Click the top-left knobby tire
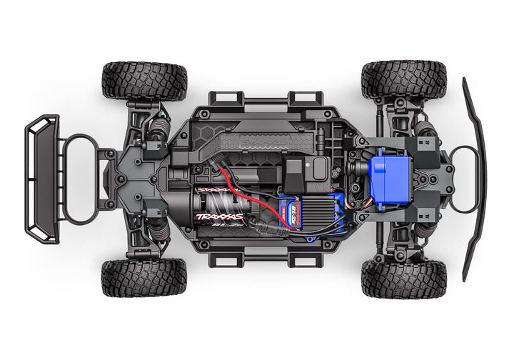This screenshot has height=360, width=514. pyautogui.click(x=144, y=80)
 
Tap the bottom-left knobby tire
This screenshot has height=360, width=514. pyautogui.click(x=144, y=278)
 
